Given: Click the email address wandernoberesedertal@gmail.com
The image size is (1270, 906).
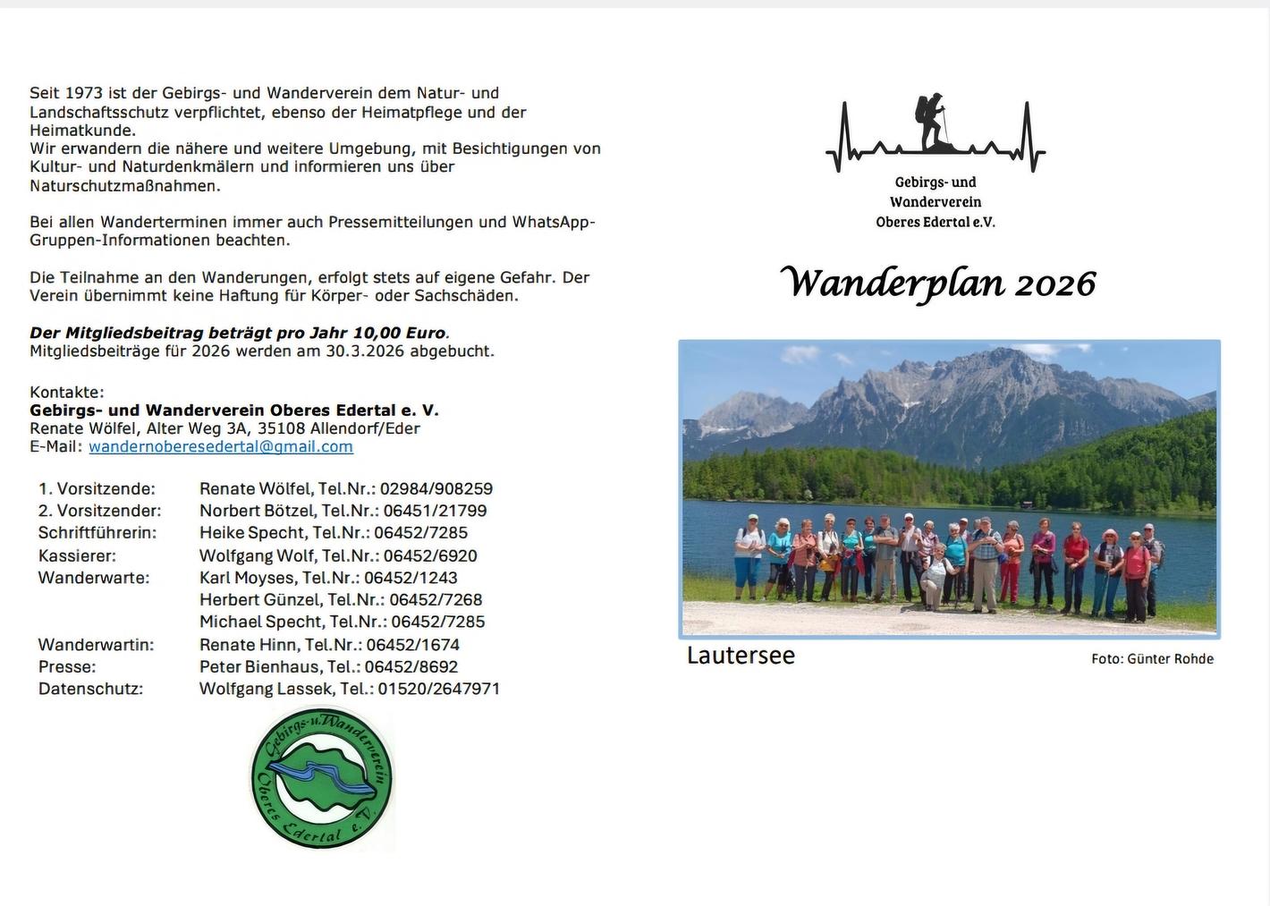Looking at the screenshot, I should (x=221, y=446).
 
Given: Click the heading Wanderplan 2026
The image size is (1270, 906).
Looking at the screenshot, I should (x=938, y=284).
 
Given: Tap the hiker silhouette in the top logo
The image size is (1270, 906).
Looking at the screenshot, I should (x=932, y=122).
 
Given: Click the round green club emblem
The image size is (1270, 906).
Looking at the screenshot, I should (x=322, y=777).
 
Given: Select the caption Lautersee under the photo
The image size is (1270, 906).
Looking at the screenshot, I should (x=741, y=656).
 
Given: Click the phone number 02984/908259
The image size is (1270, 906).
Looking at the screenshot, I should (x=436, y=489).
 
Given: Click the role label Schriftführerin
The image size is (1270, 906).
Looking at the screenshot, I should (x=97, y=533).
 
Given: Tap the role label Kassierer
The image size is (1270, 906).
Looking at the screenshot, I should (x=77, y=555).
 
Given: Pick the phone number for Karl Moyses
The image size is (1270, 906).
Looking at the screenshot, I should (x=411, y=578).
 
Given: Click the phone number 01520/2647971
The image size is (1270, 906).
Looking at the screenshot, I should (x=439, y=689).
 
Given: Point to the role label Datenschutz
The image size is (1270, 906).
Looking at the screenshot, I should (x=90, y=689).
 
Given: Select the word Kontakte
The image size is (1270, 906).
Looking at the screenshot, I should (x=67, y=392).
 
